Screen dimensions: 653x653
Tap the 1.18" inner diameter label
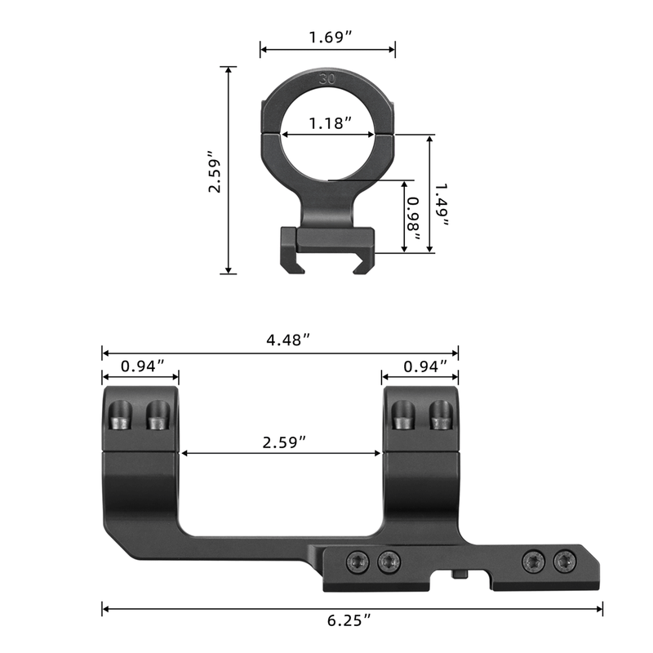(329, 123)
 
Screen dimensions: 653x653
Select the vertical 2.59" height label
(215, 171)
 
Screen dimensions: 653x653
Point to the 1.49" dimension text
(441, 198)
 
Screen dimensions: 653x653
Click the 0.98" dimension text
(415, 219)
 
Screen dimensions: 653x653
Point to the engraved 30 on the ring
(328, 80)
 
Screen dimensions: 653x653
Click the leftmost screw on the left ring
(119, 417)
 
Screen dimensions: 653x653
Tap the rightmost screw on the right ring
(441, 417)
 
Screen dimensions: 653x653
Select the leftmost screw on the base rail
(357, 561)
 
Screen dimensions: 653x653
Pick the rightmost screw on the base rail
(563, 561)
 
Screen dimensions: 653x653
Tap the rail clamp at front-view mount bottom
(327, 247)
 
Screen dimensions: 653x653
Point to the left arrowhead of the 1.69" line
(264, 51)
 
